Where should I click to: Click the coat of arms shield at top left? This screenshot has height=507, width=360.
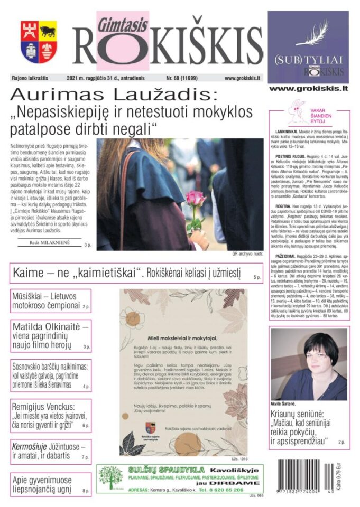[39, 42]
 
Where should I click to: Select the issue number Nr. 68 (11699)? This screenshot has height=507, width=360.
[189, 78]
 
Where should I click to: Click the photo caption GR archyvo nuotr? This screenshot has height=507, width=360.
[247, 254]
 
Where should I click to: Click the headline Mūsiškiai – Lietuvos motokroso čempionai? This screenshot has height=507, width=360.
[50, 301]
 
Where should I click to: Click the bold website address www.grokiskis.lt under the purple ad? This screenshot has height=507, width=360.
[308, 89]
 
